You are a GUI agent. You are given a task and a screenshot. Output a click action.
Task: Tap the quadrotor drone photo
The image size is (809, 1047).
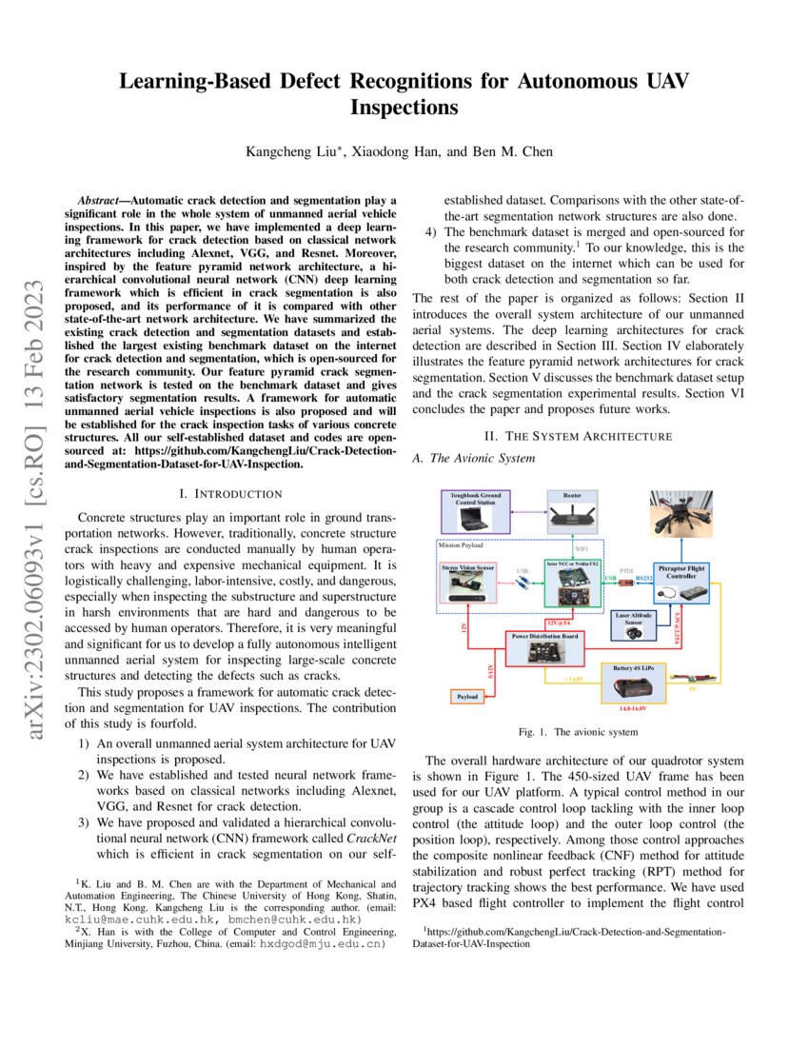point(680,514)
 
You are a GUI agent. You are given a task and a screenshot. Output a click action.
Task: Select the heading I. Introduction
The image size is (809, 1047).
point(231,493)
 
